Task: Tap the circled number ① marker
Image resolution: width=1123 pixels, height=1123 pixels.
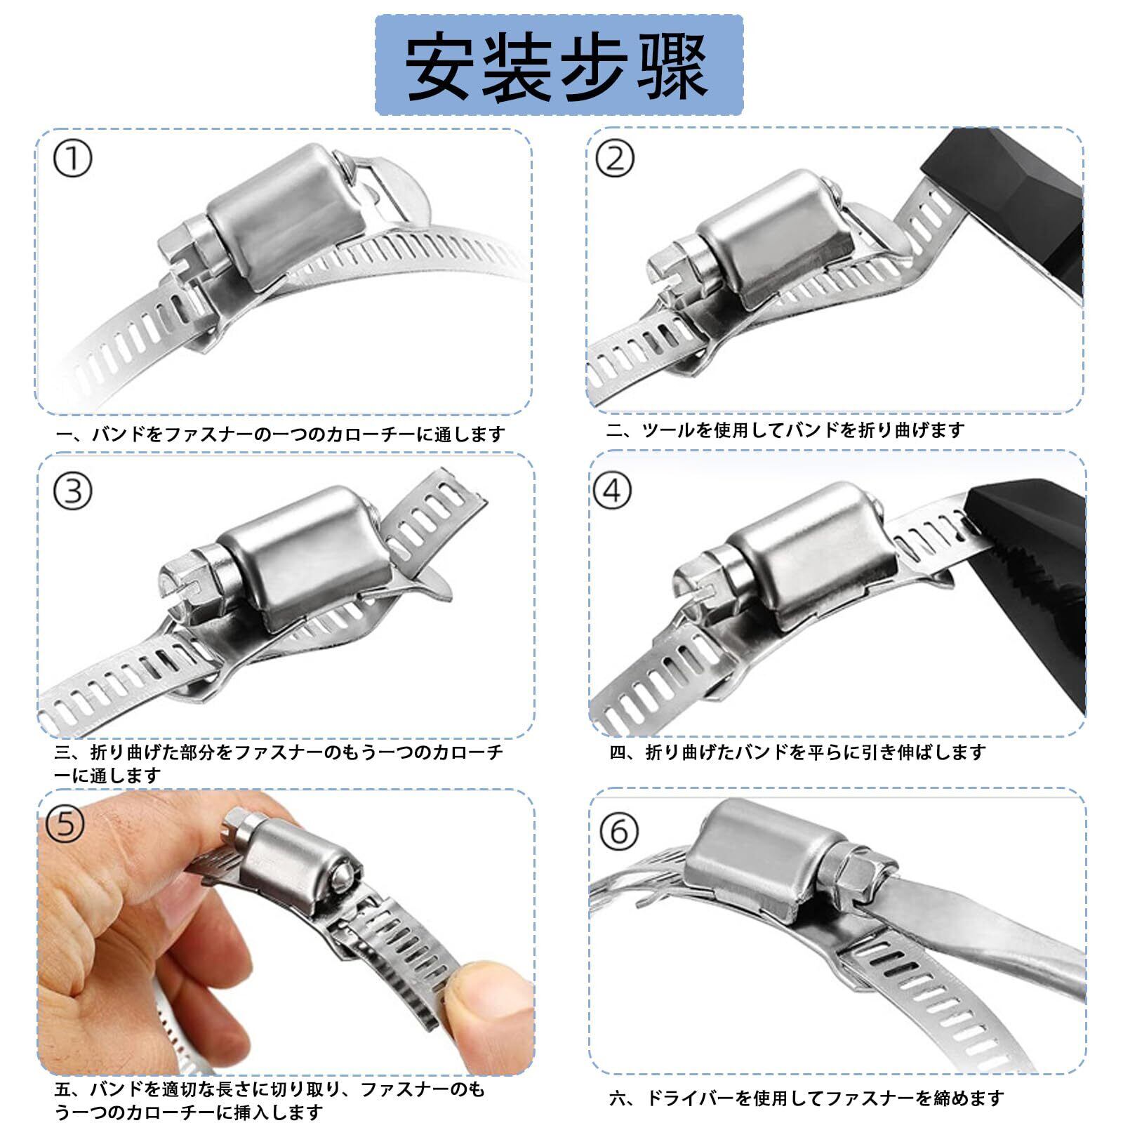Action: [x=72, y=160]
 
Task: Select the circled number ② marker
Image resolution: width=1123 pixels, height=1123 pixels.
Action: [x=614, y=159]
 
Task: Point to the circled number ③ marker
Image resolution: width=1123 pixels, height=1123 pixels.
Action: [x=72, y=491]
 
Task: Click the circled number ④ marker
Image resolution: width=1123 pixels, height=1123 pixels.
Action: [x=612, y=490]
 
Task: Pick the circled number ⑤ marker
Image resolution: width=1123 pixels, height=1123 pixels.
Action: [x=65, y=823]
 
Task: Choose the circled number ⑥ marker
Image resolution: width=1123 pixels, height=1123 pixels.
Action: [x=619, y=831]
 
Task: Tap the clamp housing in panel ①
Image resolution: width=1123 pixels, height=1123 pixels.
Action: [x=284, y=214]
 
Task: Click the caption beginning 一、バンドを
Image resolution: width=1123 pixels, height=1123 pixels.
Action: [x=280, y=434]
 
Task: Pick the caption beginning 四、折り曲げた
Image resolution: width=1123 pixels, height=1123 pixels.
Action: [x=797, y=752]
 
